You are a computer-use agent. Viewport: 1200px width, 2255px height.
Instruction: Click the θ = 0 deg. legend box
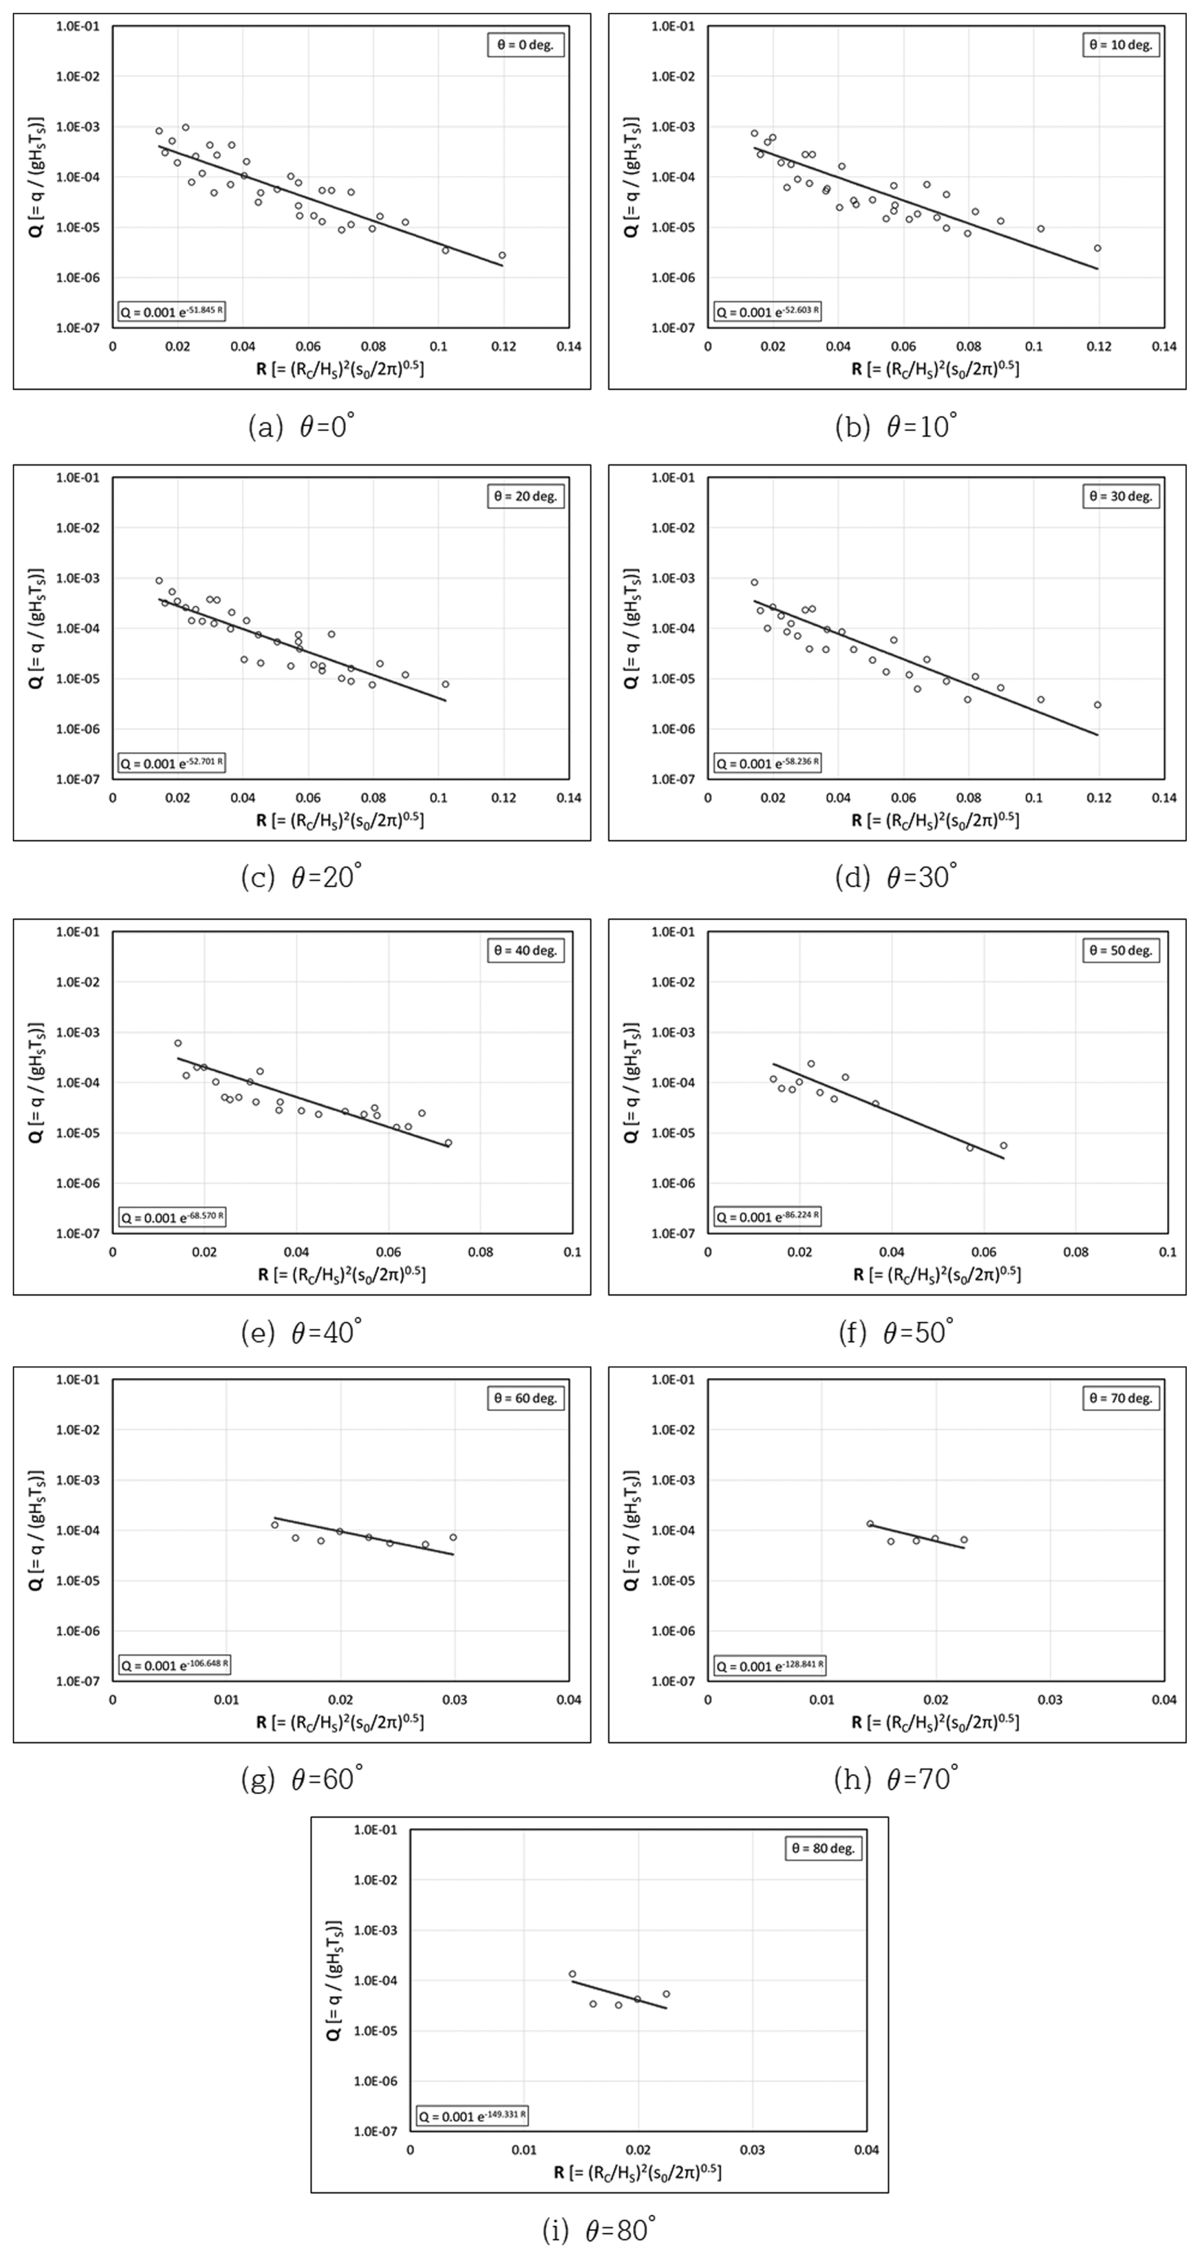[525, 45]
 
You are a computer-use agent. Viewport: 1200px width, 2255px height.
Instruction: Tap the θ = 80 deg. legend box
[823, 1848]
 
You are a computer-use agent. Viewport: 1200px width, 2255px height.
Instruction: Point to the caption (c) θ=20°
[301, 876]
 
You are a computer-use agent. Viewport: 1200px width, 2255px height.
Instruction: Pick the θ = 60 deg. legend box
[525, 1398]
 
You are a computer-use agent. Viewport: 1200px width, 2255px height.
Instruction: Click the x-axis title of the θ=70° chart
[935, 1721]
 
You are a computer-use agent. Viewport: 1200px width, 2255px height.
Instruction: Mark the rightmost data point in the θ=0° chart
[502, 256]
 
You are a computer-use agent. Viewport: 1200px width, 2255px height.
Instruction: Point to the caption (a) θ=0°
[301, 426]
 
